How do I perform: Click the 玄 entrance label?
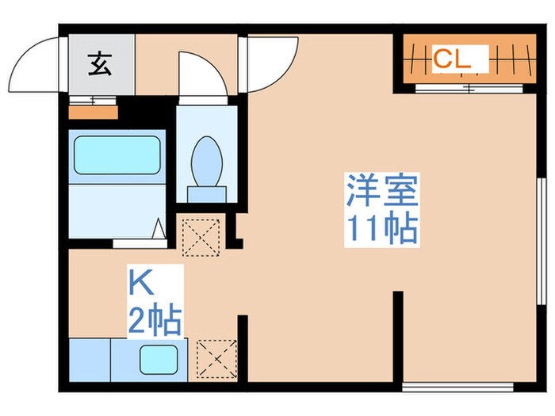(x=99, y=63)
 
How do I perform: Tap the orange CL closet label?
(x=452, y=58)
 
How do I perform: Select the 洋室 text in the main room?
(x=381, y=191)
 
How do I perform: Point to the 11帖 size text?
(x=381, y=227)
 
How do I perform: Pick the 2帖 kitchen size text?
(x=155, y=321)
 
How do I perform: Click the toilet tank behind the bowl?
(x=207, y=193)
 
